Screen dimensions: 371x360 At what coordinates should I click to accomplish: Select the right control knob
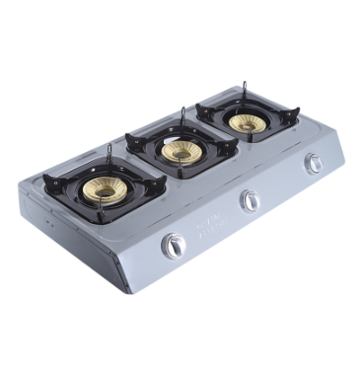click(x=314, y=164)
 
